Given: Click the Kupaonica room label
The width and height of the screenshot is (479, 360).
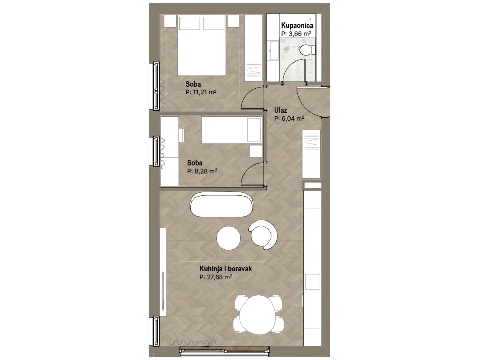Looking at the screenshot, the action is (297, 25).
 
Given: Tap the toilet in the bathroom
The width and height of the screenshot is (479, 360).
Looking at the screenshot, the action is (307, 50).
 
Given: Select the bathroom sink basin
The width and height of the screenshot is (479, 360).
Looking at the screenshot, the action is (274, 50).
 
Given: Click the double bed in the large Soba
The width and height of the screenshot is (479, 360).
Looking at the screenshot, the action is (202, 45).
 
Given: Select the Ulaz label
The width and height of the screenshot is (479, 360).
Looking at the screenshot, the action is (281, 110).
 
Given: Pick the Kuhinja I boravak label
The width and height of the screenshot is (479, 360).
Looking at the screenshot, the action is (226, 269).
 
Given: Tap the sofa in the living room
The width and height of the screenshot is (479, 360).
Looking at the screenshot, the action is (222, 205).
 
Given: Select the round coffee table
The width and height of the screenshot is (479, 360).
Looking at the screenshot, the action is (228, 238).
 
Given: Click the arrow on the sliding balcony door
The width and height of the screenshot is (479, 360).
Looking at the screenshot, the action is (206, 347).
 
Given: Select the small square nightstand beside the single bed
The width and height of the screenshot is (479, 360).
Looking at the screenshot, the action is (256, 151).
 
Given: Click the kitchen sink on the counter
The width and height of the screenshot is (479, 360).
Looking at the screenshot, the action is (313, 282).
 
